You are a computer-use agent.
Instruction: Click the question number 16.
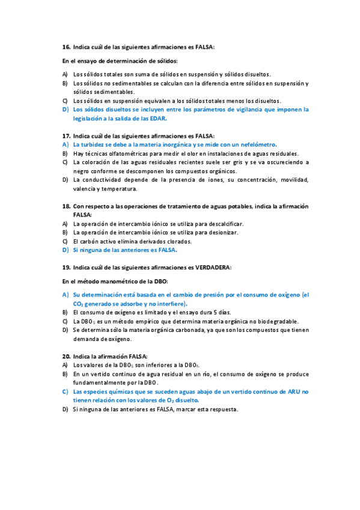tap(66, 46)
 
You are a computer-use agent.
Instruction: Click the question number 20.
tap(66, 356)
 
